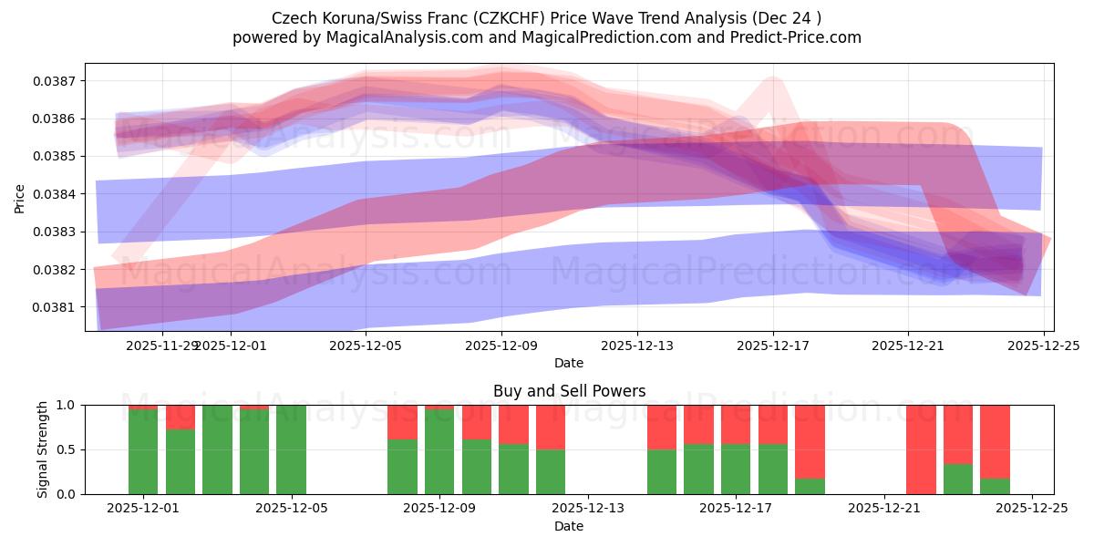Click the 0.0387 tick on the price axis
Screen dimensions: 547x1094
point(57,81)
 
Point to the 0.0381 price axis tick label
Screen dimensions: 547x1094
point(57,307)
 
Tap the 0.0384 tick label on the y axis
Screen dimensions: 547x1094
point(57,194)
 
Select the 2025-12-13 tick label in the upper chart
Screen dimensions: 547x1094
point(637,346)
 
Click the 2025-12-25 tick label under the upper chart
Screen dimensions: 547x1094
point(1044,346)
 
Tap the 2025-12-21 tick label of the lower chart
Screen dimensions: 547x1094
point(884,509)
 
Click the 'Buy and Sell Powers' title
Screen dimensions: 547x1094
point(569,391)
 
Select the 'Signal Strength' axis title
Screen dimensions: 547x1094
point(43,449)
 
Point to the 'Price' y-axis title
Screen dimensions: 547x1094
point(20,198)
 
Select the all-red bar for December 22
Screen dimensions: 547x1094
point(921,449)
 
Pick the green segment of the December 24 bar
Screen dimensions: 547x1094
point(995,486)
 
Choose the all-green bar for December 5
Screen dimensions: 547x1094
point(291,449)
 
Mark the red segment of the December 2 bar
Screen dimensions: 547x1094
point(180,417)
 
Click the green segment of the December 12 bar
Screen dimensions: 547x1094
point(551,471)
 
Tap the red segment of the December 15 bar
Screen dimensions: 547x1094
point(662,427)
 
